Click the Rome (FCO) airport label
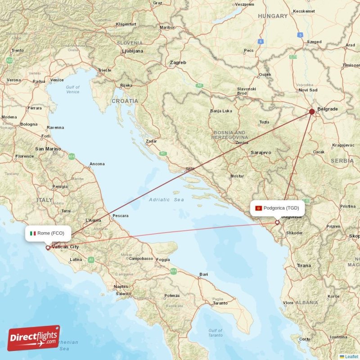pyautogui.click(x=50, y=233)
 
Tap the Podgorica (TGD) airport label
pyautogui.click(x=281, y=208)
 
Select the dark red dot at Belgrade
pyautogui.click(x=312, y=111)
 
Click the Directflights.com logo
pyautogui.click(x=34, y=337)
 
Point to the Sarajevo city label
pyautogui.click(x=261, y=153)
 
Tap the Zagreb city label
pyautogui.click(x=178, y=63)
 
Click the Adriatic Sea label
pyautogui.click(x=166, y=199)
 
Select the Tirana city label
pyautogui.click(x=304, y=265)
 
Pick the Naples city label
pyautogui.click(x=121, y=287)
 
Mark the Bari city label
pyautogui.click(x=204, y=274)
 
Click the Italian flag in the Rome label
pyautogui.click(x=33, y=233)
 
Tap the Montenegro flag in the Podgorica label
pyautogui.click(x=259, y=208)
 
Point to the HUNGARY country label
pyautogui.click(x=273, y=16)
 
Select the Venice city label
pyautogui.click(x=57, y=80)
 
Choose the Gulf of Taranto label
pyautogui.click(x=215, y=333)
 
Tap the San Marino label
pyautogui.click(x=48, y=149)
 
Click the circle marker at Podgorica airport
pyautogui.click(x=277, y=222)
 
